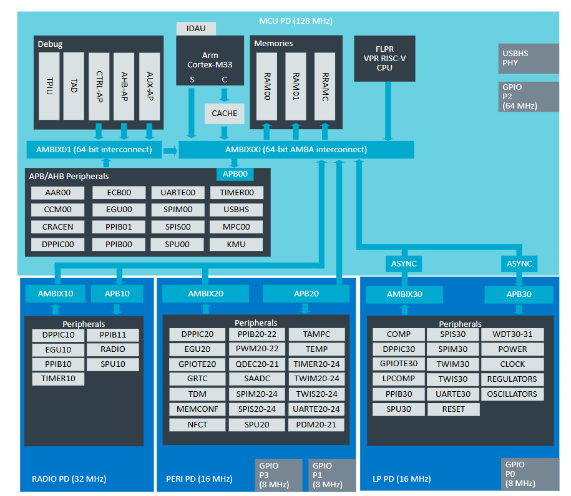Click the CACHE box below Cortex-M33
point(224,114)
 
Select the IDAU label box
point(196,29)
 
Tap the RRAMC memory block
point(325,87)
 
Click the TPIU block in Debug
point(49,86)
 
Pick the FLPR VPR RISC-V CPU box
point(384,58)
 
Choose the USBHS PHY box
point(529,58)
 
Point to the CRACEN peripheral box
point(57,227)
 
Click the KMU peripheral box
point(236,245)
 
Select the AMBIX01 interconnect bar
point(94,150)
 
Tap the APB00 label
point(235,174)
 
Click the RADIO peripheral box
point(113,349)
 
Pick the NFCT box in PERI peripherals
point(197,425)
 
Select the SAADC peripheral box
point(257,379)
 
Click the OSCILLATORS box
point(512,394)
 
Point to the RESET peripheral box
point(454,409)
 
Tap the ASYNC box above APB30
point(519,264)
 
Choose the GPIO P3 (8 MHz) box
point(278,475)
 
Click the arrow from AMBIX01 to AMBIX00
point(170,150)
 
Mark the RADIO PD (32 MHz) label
point(69,479)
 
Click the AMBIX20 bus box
point(206,294)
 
